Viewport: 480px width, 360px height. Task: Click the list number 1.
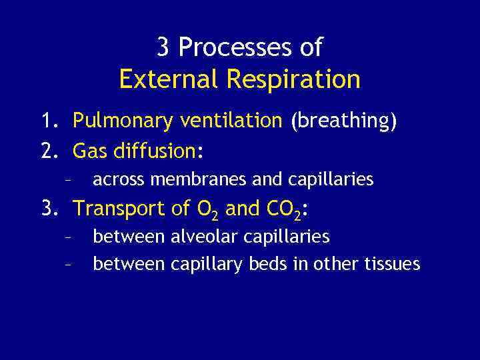pos(47,121)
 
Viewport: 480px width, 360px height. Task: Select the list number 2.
pos(47,151)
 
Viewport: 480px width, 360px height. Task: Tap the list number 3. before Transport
pos(49,209)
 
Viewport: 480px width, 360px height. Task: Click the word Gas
pos(89,151)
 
